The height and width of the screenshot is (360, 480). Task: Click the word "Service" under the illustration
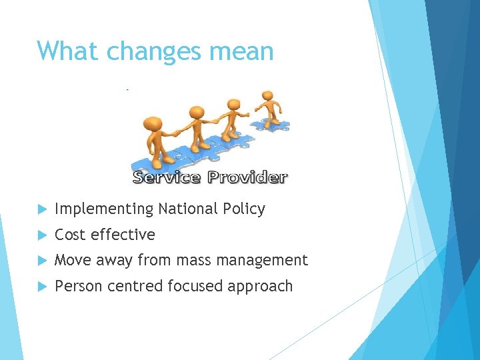click(x=167, y=177)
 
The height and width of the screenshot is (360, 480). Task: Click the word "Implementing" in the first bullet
click(x=104, y=209)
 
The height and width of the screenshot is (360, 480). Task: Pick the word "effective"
click(x=123, y=235)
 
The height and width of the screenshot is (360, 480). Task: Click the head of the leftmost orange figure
click(x=153, y=123)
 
